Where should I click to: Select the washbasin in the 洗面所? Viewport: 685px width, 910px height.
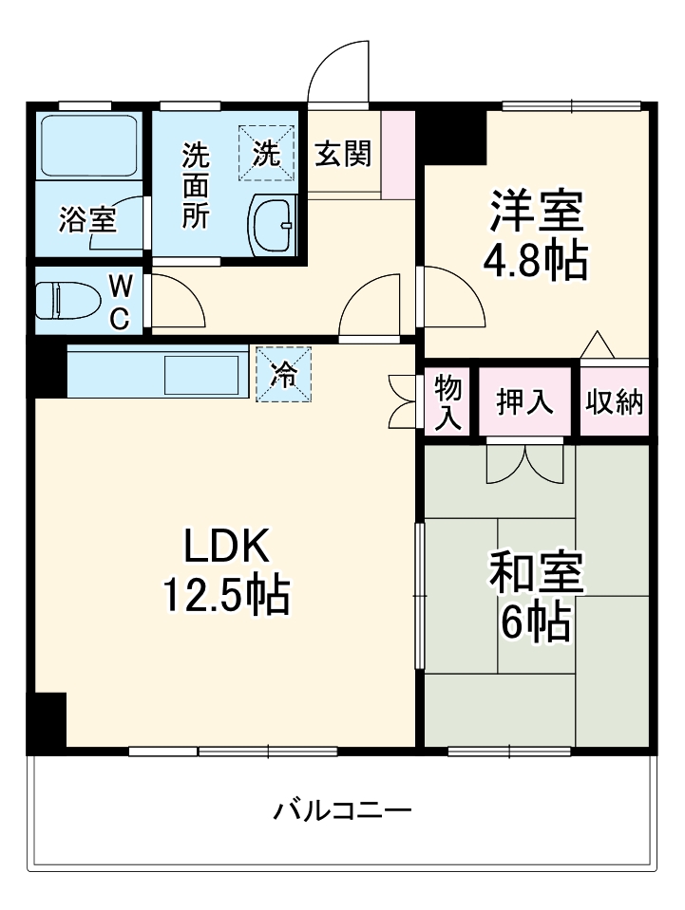click(x=275, y=225)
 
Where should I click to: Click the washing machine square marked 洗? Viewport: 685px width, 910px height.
click(x=268, y=154)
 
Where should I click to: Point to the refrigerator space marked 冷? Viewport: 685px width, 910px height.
click(x=283, y=373)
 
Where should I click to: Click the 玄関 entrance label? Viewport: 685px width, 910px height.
click(x=343, y=154)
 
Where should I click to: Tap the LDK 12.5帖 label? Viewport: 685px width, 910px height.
click(x=227, y=570)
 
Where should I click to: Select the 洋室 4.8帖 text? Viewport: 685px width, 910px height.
click(x=536, y=235)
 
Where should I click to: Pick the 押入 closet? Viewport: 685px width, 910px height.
click(x=525, y=401)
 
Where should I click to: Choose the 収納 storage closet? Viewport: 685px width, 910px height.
click(x=614, y=401)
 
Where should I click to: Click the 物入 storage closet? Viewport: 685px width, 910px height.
click(x=447, y=401)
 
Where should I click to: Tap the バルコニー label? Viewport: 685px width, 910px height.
click(x=343, y=811)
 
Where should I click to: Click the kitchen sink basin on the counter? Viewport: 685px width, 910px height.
click(x=201, y=374)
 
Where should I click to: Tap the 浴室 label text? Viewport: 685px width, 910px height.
click(x=87, y=220)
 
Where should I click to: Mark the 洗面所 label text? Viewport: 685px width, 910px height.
click(x=195, y=184)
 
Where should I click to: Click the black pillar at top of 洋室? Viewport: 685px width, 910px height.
click(x=454, y=136)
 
